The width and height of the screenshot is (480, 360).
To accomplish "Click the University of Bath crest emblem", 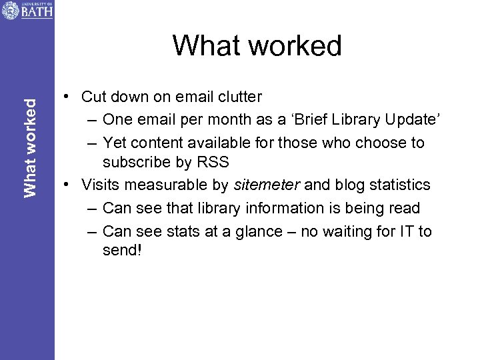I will coord(10,10).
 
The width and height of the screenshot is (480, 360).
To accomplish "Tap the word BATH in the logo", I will coord(36,12).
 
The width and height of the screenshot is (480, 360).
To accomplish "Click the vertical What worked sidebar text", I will coord(30,147).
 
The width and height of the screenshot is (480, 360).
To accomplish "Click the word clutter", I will coord(239,97).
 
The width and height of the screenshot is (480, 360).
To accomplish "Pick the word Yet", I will coord(115,142).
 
